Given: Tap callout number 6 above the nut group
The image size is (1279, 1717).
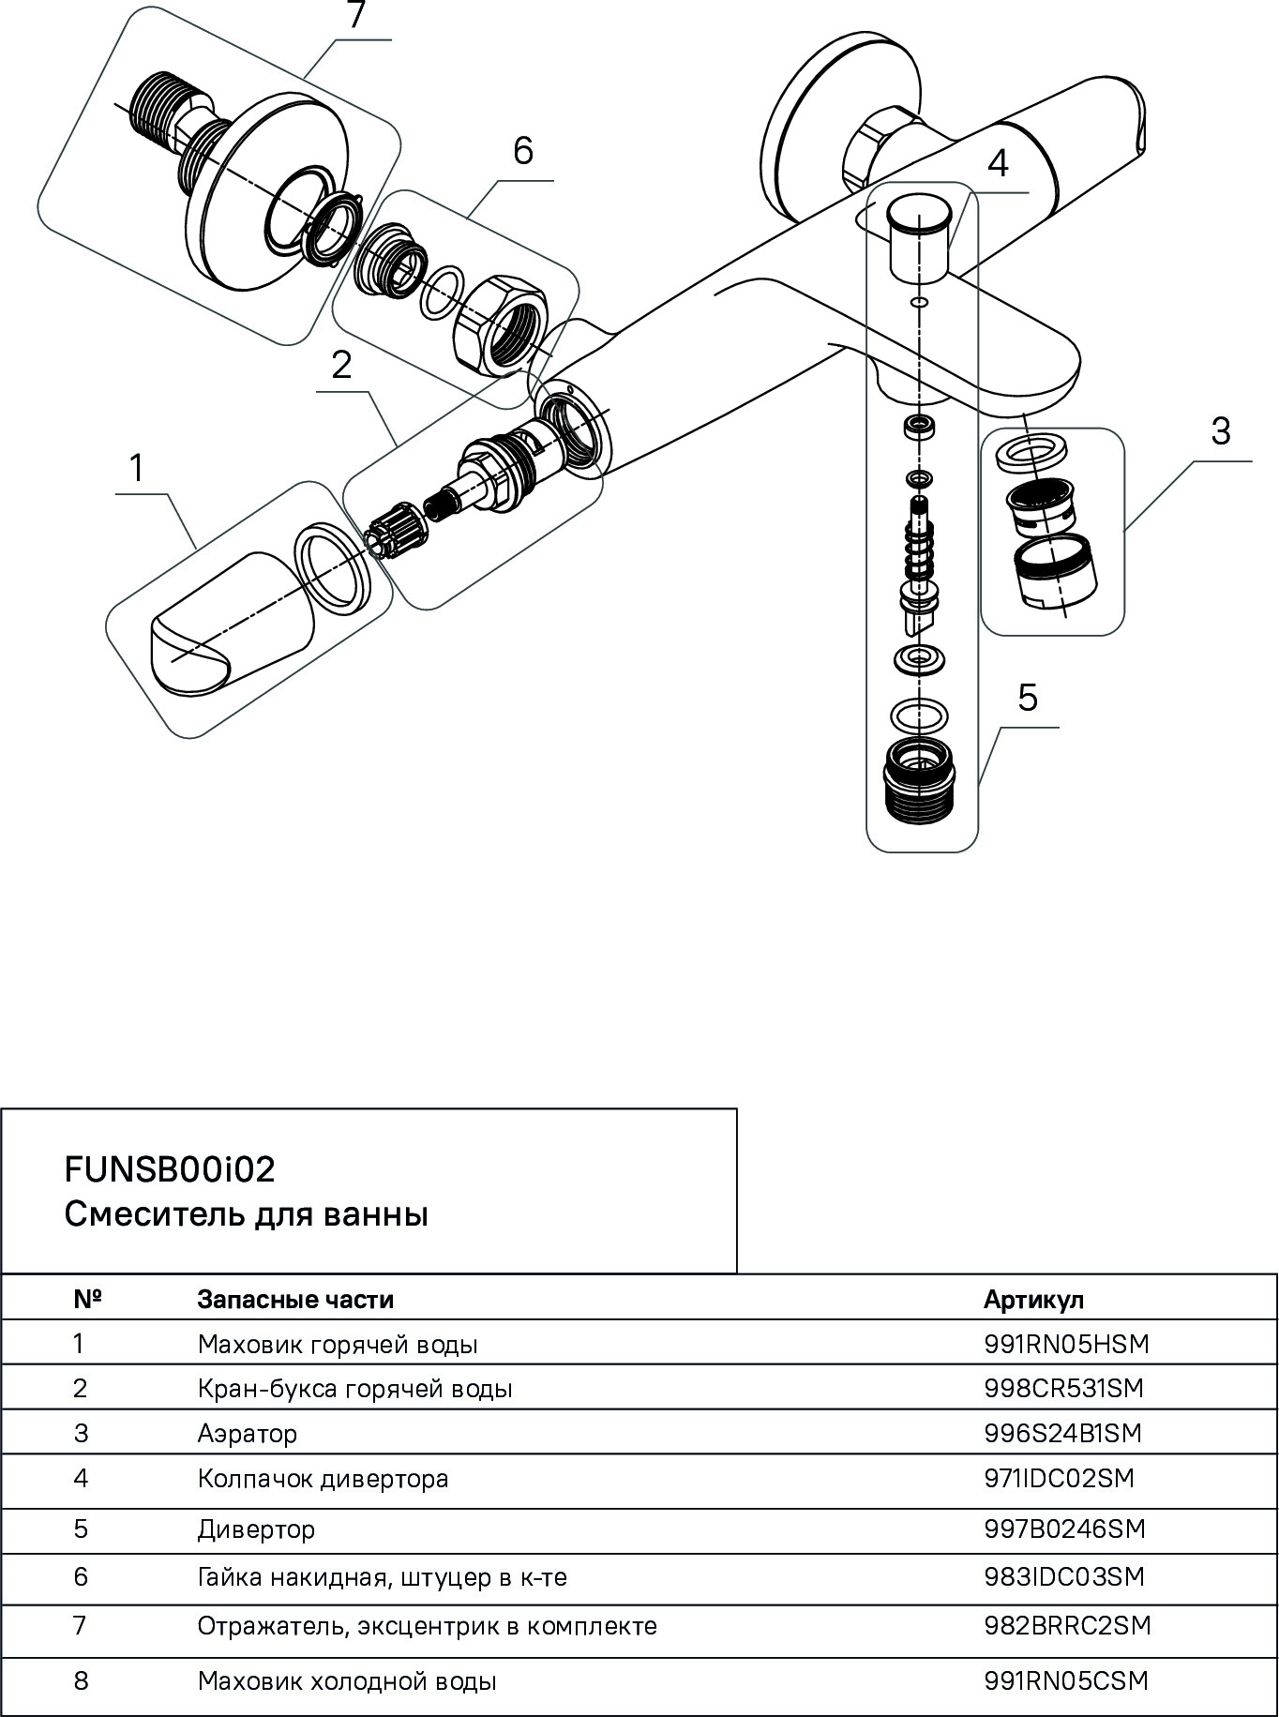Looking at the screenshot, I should coord(522,151).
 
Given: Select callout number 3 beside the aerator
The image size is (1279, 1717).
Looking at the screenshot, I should coord(1220,432).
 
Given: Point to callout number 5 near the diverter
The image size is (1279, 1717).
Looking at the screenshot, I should coord(1028,699).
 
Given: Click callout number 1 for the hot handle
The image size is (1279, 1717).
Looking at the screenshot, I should coord(137,467).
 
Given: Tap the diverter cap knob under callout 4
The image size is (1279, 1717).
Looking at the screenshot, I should coord(920,235).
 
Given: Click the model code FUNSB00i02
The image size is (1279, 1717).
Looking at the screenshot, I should coord(170,1169).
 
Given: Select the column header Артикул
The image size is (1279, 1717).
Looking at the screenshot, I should coord(1033,1300).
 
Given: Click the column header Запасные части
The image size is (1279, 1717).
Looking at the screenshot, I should coord(295,1300).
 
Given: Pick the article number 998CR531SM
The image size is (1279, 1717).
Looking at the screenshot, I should coord(1064,1388).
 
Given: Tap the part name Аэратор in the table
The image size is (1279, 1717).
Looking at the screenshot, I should coord(248,1433).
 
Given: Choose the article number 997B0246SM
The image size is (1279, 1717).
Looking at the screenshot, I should coord(1065,1529).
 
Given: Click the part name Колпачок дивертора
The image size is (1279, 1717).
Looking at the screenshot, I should coord(323,1479).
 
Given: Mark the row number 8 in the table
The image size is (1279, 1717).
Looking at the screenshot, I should coord(81,1680).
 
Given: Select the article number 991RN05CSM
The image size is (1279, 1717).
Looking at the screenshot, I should coord(1066,1680).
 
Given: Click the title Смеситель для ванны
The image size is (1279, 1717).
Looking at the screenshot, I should coord(246,1214).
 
